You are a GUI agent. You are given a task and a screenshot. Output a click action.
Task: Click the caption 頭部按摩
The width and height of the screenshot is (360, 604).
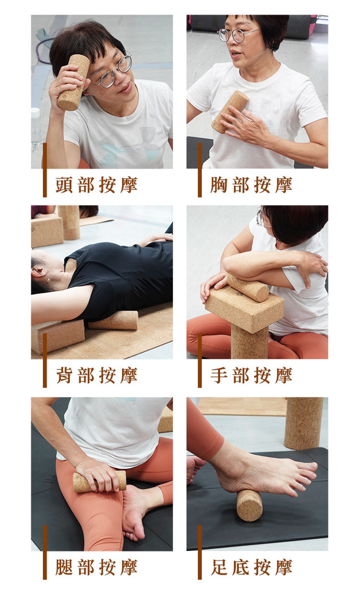[x=96, y=185]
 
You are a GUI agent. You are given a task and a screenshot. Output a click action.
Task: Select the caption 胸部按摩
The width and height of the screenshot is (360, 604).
[x=251, y=185]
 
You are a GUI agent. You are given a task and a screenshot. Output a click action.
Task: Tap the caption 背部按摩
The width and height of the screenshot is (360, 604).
[x=96, y=375]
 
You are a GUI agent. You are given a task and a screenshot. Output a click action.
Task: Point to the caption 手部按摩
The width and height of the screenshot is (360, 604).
[x=251, y=375]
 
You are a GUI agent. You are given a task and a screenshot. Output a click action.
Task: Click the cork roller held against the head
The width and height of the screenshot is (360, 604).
[x=73, y=82]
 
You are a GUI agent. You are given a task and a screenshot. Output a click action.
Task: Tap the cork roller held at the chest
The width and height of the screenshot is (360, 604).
[x=230, y=111]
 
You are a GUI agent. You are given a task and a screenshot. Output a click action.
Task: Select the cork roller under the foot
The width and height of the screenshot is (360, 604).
[x=249, y=505]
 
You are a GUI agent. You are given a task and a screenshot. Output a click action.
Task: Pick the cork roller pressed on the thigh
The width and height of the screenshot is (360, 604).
[x=99, y=481]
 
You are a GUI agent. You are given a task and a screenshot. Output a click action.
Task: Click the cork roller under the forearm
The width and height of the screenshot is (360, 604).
[x=248, y=287]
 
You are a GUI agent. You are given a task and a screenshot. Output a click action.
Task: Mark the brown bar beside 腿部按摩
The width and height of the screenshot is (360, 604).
[x=45, y=552]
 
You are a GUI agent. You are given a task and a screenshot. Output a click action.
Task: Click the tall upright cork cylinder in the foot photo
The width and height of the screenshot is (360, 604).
[x=304, y=423]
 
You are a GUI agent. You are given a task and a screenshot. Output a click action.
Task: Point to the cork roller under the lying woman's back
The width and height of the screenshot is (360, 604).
[x=113, y=320]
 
